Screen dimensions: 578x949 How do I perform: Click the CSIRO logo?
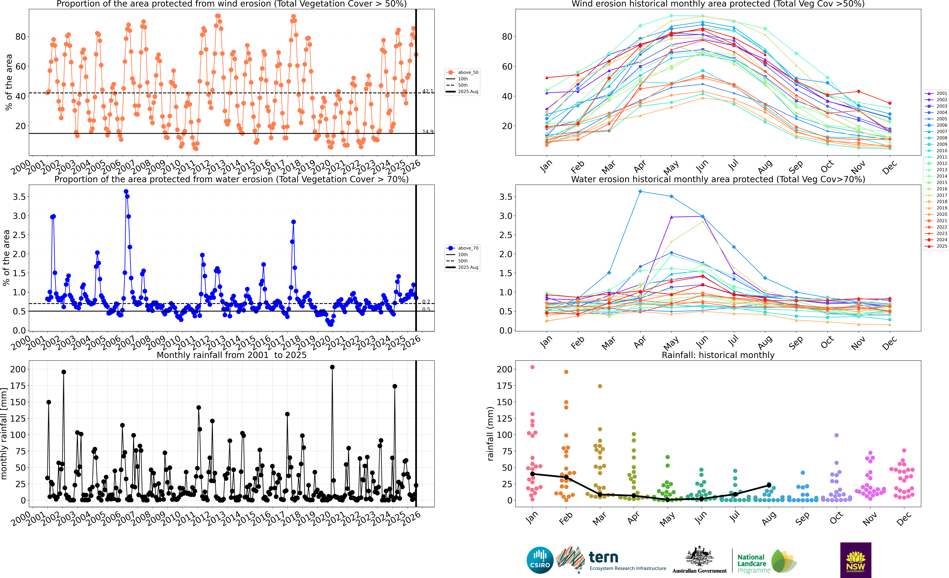(540, 560)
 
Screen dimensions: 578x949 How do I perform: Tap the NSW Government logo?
(855, 560)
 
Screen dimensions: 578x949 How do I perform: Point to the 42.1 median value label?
(427, 91)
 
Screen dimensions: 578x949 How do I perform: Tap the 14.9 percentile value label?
(427, 132)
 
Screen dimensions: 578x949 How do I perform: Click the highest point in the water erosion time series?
(126, 191)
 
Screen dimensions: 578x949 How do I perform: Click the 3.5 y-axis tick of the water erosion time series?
(19, 197)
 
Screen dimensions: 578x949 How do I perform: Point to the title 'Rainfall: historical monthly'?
(718, 355)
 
